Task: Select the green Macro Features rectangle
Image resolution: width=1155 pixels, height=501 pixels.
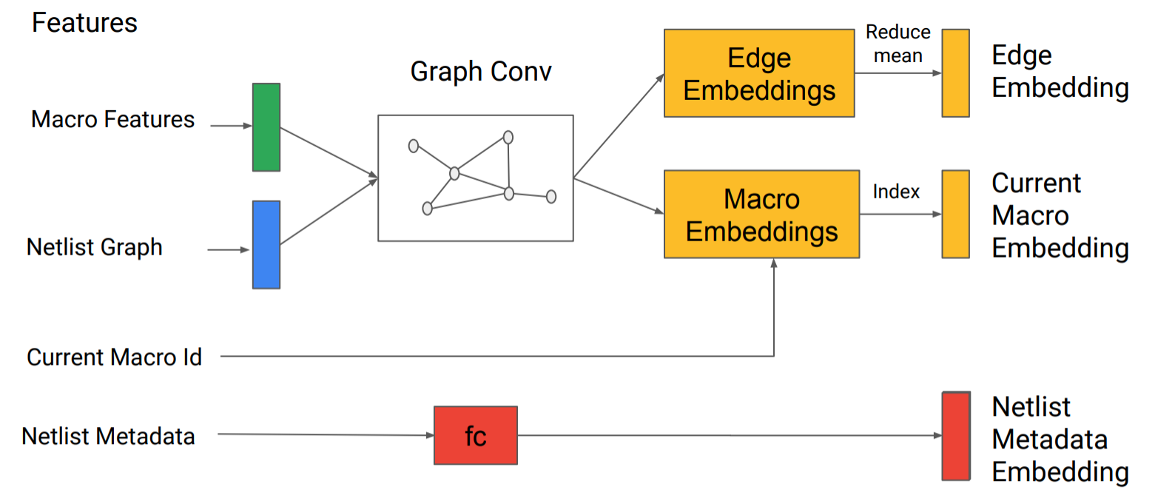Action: tap(266, 127)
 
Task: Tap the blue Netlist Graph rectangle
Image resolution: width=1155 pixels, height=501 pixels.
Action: tap(266, 244)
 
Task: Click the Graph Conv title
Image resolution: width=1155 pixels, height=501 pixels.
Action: tap(481, 72)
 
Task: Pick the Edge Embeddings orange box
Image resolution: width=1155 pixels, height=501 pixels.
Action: tap(759, 73)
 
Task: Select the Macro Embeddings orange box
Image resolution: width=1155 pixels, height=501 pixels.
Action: tap(761, 214)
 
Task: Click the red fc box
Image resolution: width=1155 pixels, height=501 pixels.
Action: tap(475, 435)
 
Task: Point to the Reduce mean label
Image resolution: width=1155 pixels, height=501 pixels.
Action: tap(898, 44)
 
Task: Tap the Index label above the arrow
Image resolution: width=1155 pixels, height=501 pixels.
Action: tap(896, 192)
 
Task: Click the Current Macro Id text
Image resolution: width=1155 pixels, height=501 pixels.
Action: tap(114, 357)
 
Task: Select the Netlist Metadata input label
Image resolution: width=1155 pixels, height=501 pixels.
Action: tap(109, 436)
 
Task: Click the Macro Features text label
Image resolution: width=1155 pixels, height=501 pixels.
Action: tap(112, 119)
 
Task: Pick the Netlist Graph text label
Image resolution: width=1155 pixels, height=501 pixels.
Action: tap(95, 246)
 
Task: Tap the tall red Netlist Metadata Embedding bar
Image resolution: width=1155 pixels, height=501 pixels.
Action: tap(955, 436)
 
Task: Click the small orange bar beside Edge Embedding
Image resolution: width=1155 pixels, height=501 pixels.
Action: tap(955, 73)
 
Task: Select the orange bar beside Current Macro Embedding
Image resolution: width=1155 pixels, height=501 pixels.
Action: tap(955, 214)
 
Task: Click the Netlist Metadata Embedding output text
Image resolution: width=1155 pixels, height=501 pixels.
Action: tap(1060, 439)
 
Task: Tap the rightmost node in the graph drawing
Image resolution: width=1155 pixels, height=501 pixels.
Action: tap(550, 196)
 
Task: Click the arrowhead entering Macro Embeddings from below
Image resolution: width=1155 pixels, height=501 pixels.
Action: tap(774, 263)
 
